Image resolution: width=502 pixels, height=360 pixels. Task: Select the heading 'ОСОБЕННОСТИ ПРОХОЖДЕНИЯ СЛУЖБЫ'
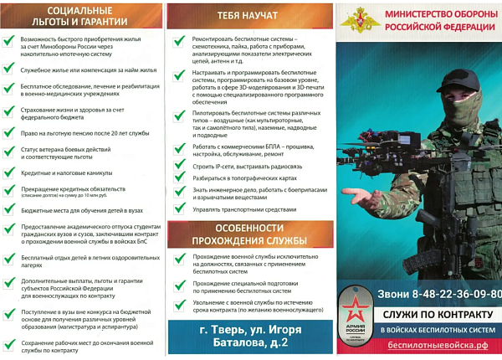tap(248, 235)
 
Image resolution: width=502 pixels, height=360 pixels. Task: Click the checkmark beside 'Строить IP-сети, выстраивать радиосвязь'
tap(179, 165)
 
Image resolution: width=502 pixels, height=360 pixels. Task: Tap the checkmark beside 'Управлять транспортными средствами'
tap(179, 208)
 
